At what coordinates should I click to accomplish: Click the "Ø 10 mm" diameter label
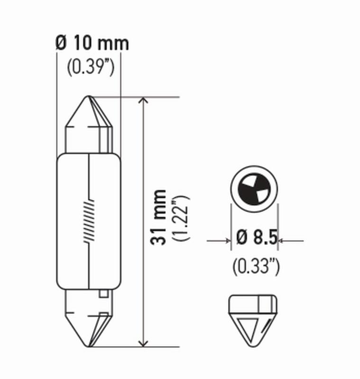(92, 44)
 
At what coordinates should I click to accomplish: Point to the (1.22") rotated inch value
(181, 217)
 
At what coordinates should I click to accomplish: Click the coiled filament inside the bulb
(89, 220)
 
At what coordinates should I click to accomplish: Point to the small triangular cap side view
(252, 318)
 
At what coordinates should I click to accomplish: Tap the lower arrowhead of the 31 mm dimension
(143, 342)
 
